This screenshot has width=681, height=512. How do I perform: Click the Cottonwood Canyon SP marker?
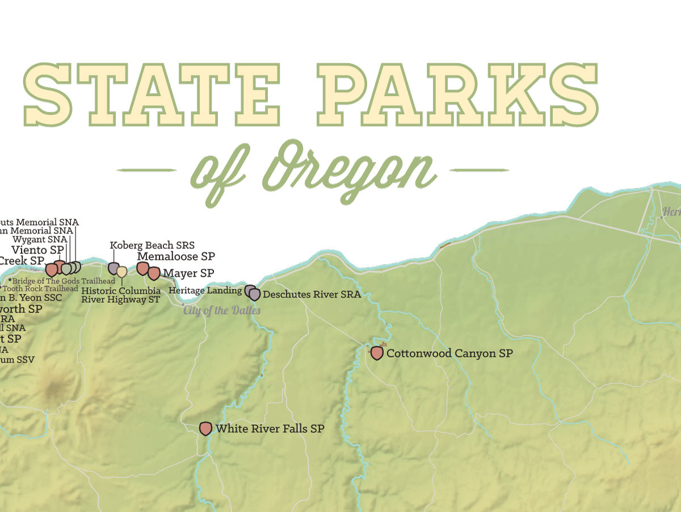[377, 353]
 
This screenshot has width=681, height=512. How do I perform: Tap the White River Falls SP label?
[270, 429]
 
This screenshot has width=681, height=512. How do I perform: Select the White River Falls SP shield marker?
[206, 428]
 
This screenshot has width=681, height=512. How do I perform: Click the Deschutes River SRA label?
[312, 294]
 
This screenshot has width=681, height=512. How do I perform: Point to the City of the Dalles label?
[222, 310]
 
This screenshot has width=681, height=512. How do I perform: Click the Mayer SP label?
[188, 273]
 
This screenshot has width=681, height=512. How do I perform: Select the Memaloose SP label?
[176, 256]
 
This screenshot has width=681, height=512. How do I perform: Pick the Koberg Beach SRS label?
[152, 245]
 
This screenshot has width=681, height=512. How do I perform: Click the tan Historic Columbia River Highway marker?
[122, 272]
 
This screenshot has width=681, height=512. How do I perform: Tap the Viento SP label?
[37, 250]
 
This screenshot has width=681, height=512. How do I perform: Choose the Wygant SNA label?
[40, 240]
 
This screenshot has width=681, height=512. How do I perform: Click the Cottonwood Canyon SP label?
[449, 353]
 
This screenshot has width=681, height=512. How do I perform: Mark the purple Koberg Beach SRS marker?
[113, 268]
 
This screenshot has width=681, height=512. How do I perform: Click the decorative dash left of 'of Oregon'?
[145, 170]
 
